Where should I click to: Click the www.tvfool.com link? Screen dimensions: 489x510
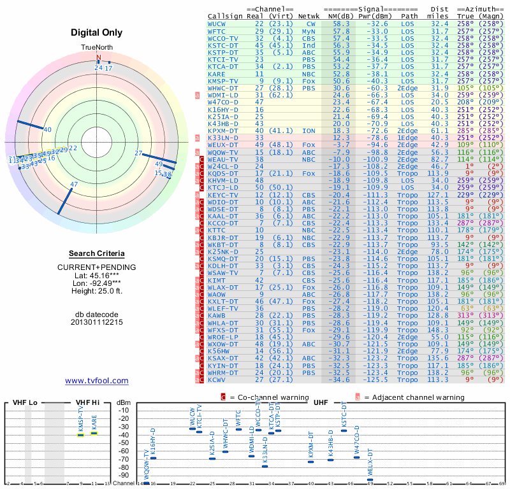[97, 381]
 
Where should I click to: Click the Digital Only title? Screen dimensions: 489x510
[97, 32]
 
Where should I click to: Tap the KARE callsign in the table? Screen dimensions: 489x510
[217, 74]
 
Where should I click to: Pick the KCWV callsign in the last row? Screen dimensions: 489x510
[217, 379]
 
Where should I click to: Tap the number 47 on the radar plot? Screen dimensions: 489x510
[74, 185]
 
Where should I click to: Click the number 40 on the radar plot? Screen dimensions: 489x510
[47, 129]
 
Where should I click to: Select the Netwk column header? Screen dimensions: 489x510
[309, 16]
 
